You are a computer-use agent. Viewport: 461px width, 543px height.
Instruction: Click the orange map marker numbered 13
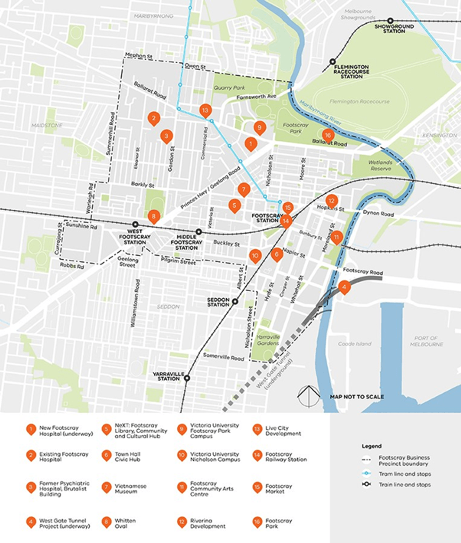click(205, 110)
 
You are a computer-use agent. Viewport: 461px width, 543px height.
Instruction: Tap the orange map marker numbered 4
click(344, 287)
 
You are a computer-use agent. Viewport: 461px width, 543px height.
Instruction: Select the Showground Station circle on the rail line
click(390, 21)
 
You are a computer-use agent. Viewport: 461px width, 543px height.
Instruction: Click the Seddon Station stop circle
click(235, 301)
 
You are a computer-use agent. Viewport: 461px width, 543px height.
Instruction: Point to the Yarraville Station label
click(168, 376)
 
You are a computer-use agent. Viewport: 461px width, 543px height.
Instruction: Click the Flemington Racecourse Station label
click(352, 72)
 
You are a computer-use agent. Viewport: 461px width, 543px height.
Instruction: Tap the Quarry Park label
click(229, 88)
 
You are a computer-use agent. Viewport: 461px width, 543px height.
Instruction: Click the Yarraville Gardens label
click(268, 340)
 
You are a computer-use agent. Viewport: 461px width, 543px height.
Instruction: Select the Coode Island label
click(354, 344)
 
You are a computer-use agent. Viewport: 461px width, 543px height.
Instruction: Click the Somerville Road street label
click(223, 356)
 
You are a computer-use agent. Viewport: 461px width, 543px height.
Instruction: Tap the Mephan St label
click(139, 56)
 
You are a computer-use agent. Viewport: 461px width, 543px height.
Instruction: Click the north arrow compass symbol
click(308, 396)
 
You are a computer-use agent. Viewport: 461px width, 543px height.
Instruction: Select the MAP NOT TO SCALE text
click(357, 397)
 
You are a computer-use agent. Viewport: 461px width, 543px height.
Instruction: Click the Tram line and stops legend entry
click(405, 474)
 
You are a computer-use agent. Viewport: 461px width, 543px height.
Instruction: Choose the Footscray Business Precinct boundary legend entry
click(404, 460)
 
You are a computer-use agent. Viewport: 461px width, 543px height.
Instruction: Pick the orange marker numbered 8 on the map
click(154, 216)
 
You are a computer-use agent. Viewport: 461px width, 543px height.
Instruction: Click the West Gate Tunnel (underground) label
click(274, 371)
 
